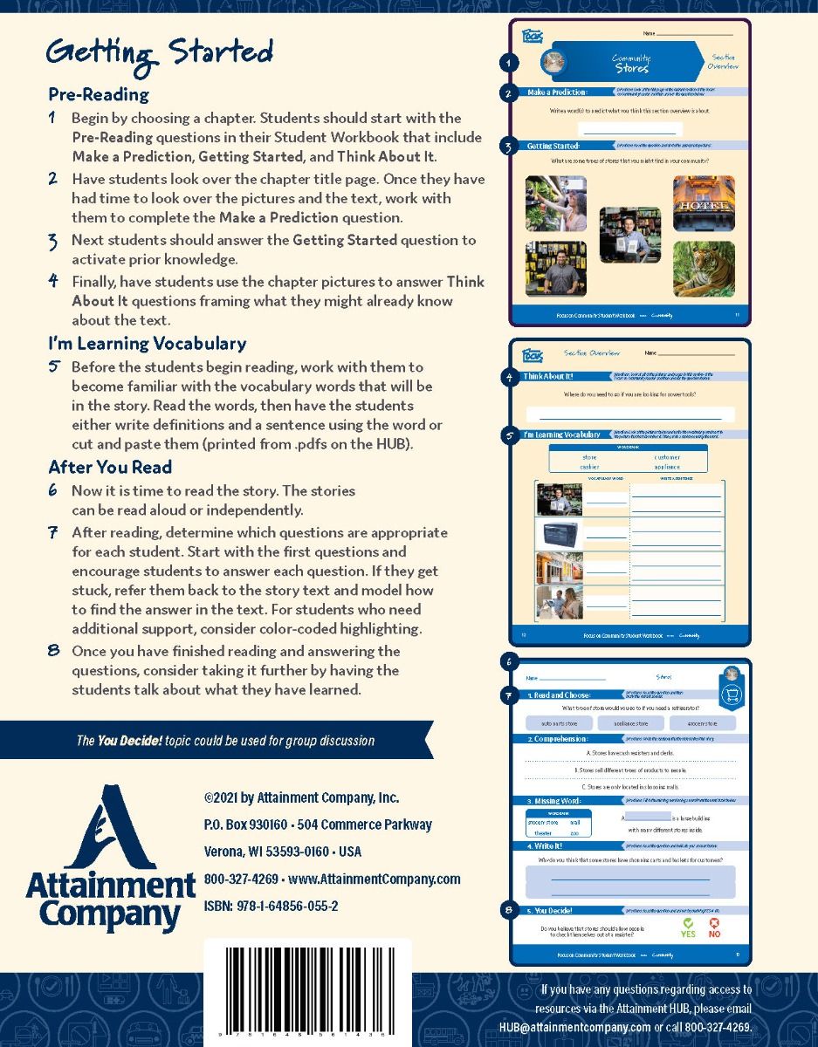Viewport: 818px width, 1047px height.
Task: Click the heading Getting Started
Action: [x=160, y=54]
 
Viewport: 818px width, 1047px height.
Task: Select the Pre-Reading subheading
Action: [x=99, y=94]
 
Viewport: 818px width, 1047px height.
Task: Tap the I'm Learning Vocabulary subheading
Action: [x=147, y=343]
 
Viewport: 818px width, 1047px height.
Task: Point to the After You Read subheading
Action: [x=110, y=467]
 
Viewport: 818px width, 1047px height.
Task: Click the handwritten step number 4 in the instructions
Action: [x=54, y=282]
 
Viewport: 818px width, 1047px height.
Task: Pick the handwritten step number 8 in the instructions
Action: [x=54, y=651]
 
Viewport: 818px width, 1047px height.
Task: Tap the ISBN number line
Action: [x=271, y=906]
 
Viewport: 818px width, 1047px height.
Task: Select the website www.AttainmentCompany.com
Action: [x=374, y=879]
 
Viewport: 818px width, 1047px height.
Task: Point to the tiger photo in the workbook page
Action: [x=703, y=269]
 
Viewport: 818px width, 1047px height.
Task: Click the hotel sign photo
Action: [x=704, y=203]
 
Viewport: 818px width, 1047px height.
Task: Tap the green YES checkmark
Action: [x=688, y=927]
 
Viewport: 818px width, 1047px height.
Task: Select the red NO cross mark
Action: [x=714, y=927]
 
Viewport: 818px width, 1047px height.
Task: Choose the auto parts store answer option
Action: [x=559, y=723]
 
